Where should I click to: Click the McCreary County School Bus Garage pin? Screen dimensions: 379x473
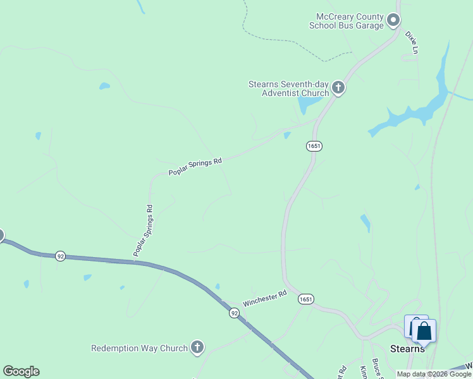coord(393,20)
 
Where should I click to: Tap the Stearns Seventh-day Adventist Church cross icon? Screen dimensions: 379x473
coord(338,87)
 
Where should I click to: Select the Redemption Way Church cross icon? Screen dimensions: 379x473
coord(197,346)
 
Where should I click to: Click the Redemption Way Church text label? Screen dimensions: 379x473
coord(139,348)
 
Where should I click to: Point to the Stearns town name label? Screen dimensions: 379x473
coord(407,349)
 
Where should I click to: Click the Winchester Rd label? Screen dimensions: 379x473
coord(265,299)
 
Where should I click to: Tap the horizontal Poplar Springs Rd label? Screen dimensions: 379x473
coord(195,167)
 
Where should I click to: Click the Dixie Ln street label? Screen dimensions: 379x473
coord(412,42)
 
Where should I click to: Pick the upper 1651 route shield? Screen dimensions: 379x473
coord(314,146)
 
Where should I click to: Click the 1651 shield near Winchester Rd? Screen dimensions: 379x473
coord(305,299)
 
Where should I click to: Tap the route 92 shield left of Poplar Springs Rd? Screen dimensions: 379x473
coord(60,256)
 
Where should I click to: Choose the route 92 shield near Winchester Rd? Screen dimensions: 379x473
coord(234,313)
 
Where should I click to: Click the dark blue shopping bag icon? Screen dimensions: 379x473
coord(424,331)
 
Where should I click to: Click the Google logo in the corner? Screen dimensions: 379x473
coord(21,371)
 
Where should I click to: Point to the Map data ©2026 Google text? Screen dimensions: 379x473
coord(434,374)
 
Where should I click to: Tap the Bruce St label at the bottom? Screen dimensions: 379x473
coord(376,370)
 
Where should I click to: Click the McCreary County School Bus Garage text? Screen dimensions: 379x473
coord(347,21)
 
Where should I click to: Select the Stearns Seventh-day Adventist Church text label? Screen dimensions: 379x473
coord(289,88)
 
